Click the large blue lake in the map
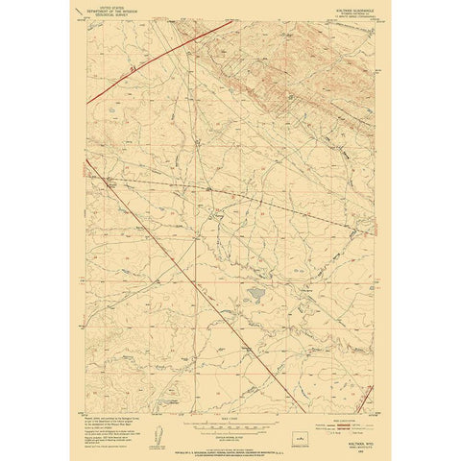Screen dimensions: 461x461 (x=255, y=292)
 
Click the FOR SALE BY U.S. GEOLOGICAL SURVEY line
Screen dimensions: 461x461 (x=230, y=434)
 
